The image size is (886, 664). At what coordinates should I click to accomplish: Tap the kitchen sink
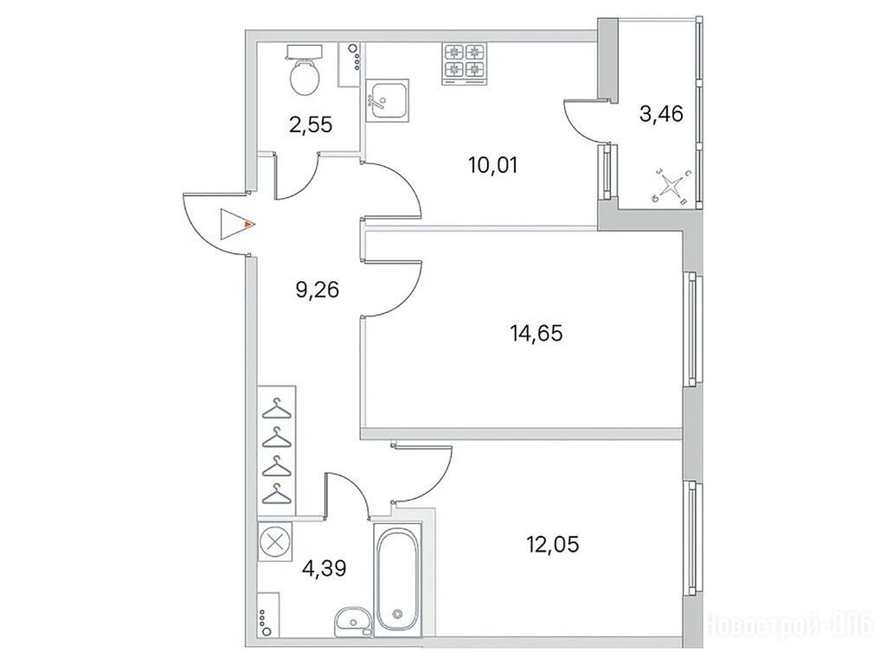[387, 100]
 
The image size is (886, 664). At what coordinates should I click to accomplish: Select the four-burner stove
[465, 64]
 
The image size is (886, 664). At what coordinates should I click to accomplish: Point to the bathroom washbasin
[351, 622]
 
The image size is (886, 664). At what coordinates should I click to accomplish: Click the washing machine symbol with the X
[274, 541]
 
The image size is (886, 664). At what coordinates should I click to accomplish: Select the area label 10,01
[492, 165]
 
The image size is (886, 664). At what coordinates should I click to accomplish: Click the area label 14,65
[536, 333]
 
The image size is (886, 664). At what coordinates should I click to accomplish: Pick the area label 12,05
[553, 545]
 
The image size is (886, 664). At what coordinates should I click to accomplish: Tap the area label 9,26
[317, 290]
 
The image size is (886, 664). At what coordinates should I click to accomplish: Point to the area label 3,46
[661, 114]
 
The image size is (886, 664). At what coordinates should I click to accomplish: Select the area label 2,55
[311, 124]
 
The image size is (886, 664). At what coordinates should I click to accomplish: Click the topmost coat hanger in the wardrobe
[277, 409]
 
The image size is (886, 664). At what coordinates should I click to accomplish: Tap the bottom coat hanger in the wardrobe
[277, 494]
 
